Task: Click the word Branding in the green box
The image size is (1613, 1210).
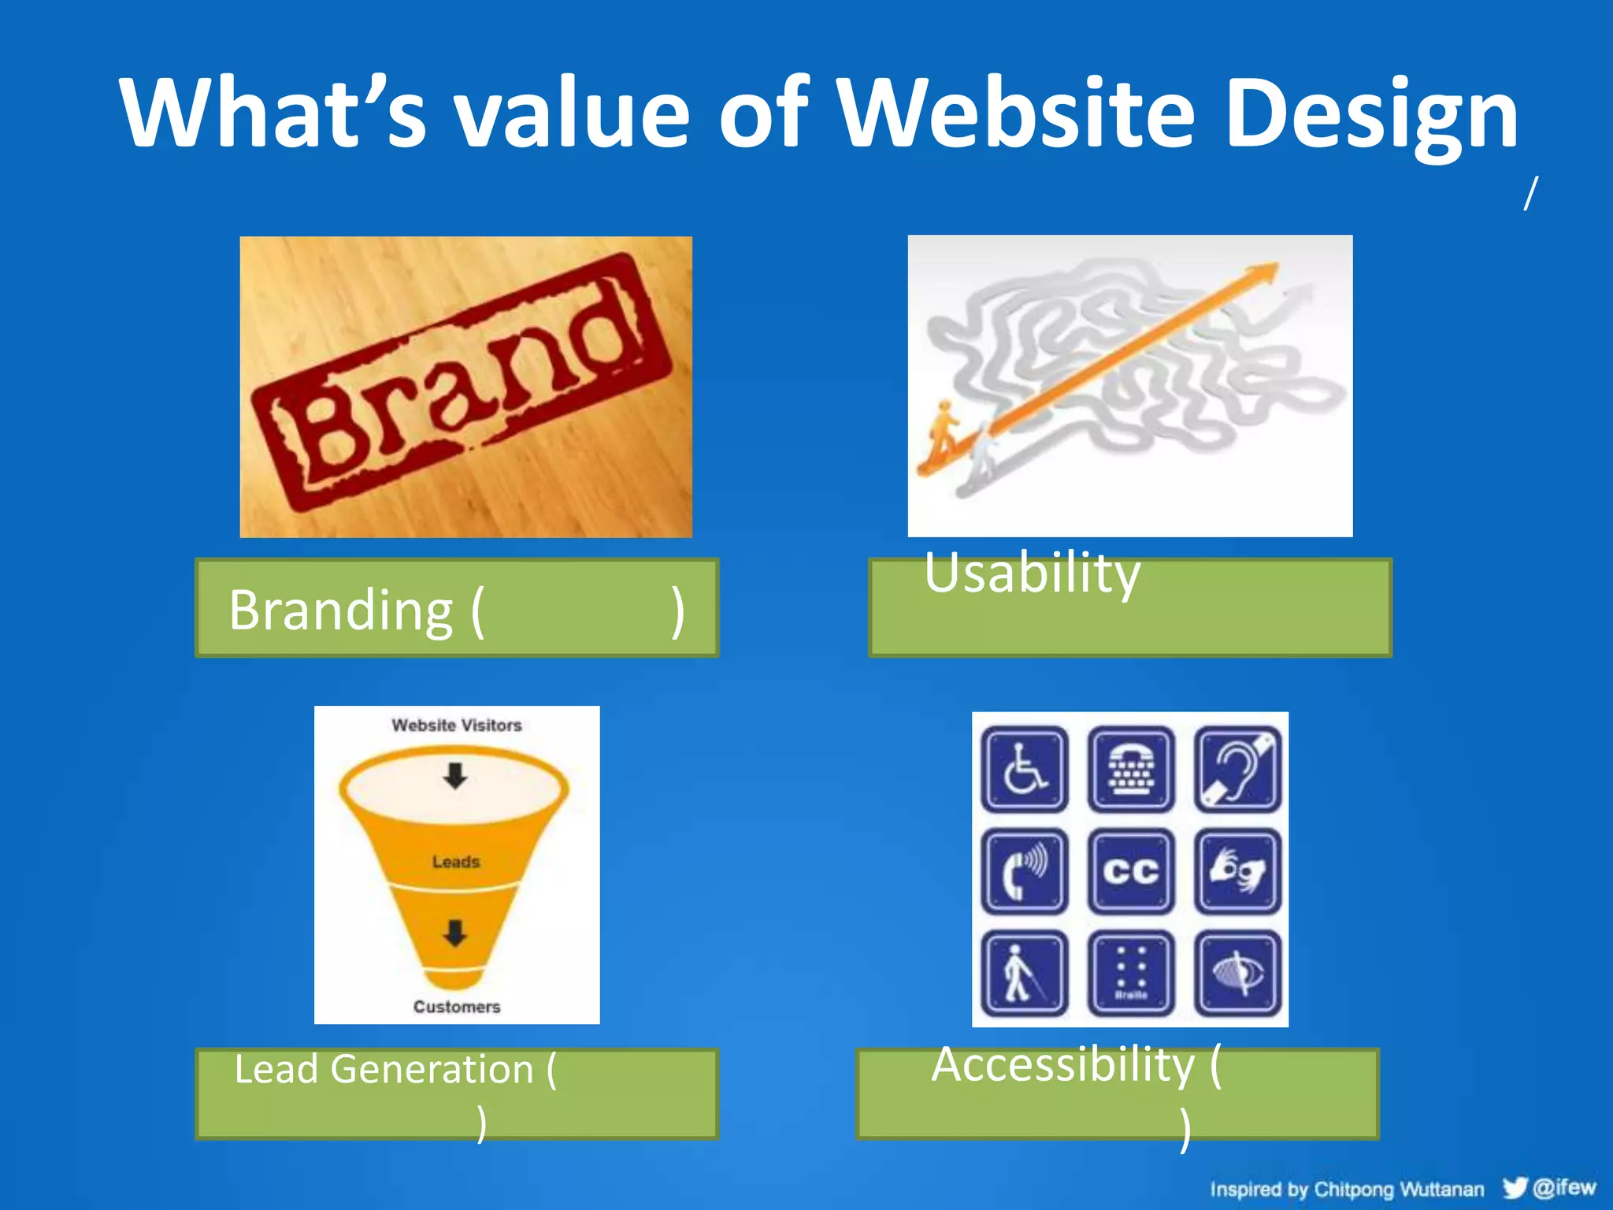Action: [340, 611]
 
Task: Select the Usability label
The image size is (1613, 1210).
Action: [1032, 573]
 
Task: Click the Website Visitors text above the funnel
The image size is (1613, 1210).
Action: [457, 726]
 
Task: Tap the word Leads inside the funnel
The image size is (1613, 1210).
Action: [456, 862]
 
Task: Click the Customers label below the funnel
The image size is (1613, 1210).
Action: [457, 1007]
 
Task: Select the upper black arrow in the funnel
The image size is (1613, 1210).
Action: [455, 776]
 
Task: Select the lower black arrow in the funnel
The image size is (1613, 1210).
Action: [455, 933]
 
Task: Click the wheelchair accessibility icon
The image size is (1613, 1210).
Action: [1024, 769]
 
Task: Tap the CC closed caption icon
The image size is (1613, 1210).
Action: [1131, 871]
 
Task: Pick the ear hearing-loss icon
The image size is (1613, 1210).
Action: [1237, 769]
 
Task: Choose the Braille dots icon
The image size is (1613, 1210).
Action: [1131, 974]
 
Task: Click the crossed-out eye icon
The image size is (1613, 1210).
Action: [1237, 974]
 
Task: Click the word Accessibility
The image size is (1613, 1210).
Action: [1063, 1065]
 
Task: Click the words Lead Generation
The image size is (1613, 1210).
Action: [384, 1070]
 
